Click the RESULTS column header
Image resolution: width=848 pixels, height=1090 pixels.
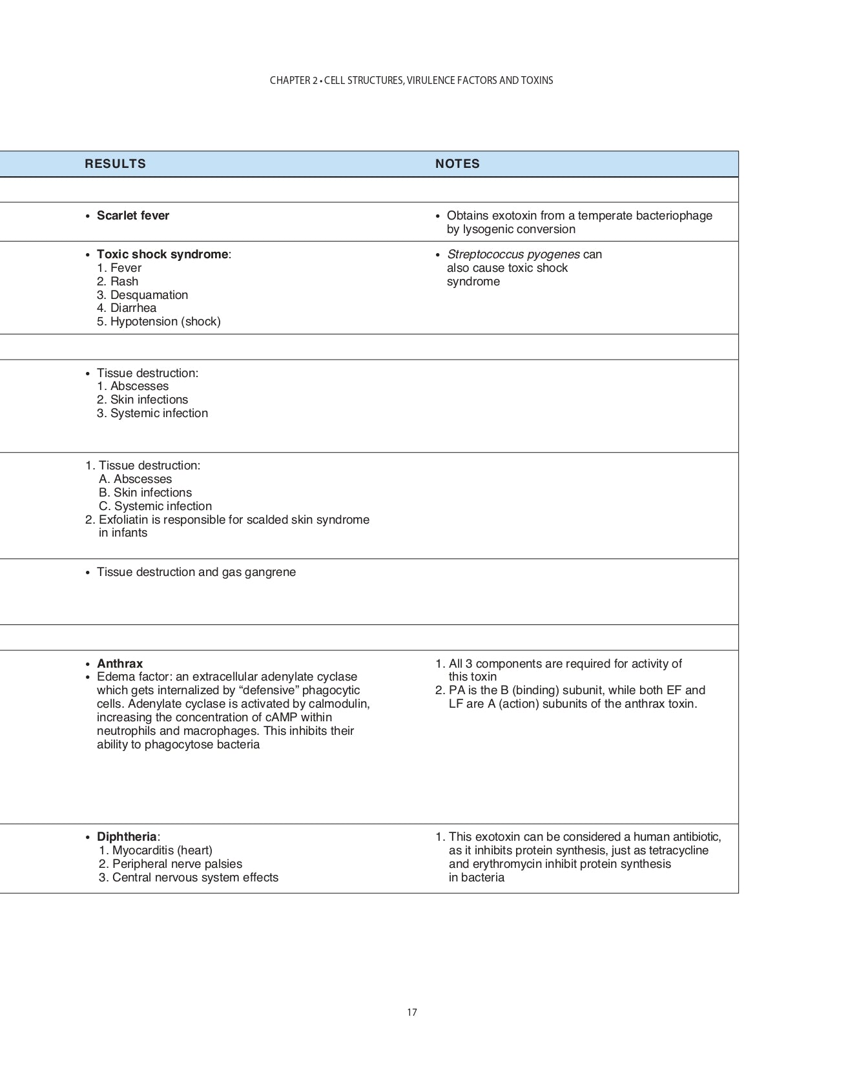coord(115,164)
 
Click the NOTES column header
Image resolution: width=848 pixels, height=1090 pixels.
coord(457,164)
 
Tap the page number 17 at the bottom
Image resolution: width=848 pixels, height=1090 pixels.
coord(412,1013)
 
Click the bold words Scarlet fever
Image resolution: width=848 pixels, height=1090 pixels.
coord(133,216)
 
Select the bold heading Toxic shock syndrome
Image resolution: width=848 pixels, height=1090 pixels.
coord(162,254)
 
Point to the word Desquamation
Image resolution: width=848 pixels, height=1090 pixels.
coord(149,295)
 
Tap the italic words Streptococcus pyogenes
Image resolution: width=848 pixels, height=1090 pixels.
coord(513,254)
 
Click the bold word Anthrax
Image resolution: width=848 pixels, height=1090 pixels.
coord(119,664)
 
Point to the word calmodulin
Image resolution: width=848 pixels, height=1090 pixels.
coord(339,704)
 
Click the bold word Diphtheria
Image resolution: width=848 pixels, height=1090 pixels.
coord(127,837)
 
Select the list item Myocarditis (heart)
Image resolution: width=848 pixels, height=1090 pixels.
coord(162,850)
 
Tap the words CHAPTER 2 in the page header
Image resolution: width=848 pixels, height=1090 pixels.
coord(293,81)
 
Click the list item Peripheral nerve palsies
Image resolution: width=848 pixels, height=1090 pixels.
coord(177,864)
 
